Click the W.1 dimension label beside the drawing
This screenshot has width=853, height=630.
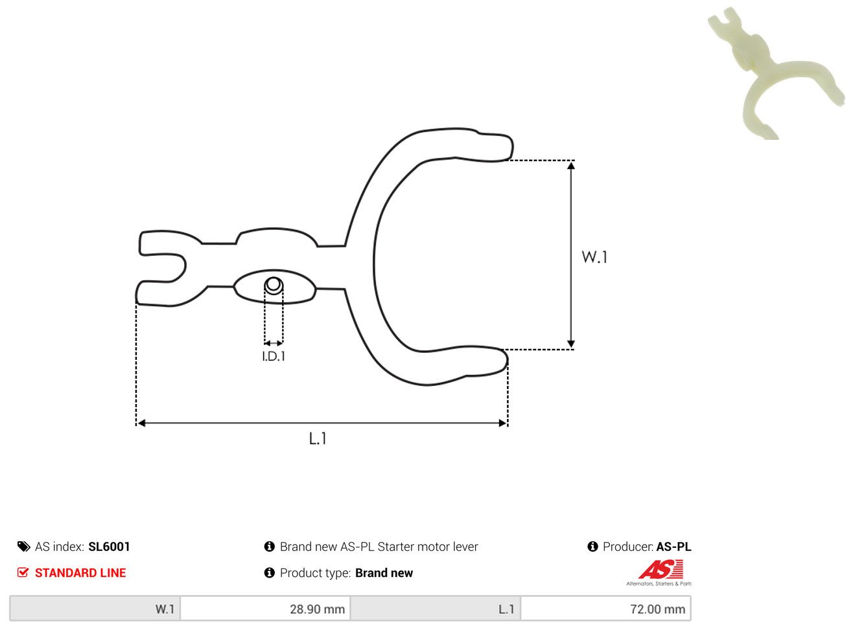[594, 257]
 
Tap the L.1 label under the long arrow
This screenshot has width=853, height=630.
[318, 438]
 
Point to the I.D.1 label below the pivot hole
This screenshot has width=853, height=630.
[274, 357]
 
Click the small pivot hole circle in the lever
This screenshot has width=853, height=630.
[274, 285]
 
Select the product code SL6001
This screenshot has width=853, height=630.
[110, 546]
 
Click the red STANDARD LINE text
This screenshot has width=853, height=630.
[80, 573]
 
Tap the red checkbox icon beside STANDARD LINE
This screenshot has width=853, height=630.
[23, 572]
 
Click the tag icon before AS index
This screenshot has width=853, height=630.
[24, 546]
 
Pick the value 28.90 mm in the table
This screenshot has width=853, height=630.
[317, 609]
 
